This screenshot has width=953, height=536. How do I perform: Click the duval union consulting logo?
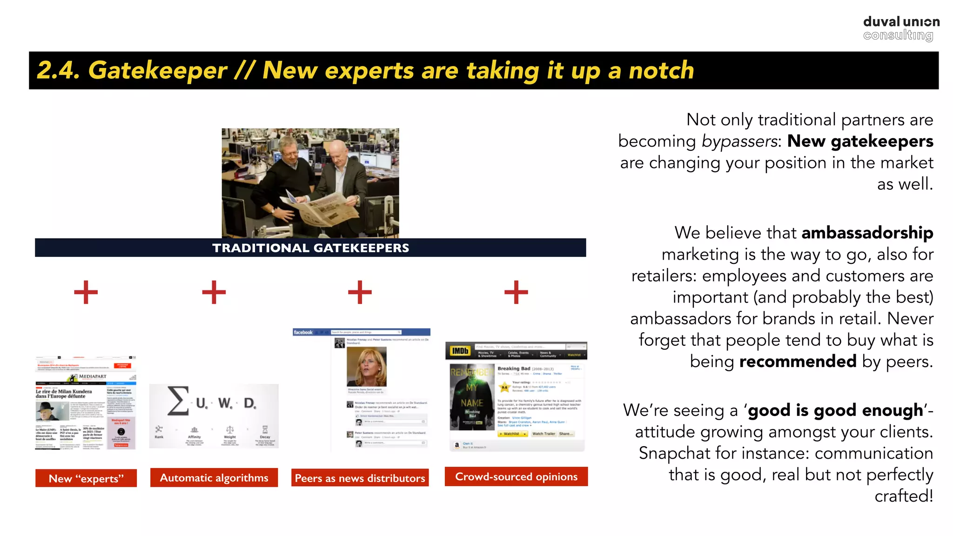[x=901, y=28]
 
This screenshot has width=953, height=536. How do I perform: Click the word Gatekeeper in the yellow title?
[x=158, y=71]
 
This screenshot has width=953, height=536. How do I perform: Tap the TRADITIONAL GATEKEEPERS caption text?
[x=310, y=248]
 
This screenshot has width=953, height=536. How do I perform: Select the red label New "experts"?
[x=86, y=478]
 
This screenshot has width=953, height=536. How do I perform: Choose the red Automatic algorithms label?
[x=214, y=478]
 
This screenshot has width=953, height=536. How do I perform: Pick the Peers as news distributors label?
[x=360, y=478]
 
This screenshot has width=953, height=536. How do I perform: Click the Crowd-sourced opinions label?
[x=516, y=477]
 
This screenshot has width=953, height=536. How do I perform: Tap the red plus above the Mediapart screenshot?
[x=86, y=292]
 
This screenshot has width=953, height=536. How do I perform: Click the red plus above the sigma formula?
[x=214, y=292]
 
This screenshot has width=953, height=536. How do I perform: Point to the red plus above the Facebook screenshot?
[x=360, y=292]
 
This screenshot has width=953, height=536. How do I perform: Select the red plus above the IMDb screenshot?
[x=516, y=292]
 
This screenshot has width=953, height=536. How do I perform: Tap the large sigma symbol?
[x=178, y=401]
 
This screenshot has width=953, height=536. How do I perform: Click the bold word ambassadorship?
[x=867, y=233]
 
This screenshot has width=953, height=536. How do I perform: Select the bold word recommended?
[x=798, y=362]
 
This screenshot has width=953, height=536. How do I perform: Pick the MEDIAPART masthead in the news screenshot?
[x=92, y=376]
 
